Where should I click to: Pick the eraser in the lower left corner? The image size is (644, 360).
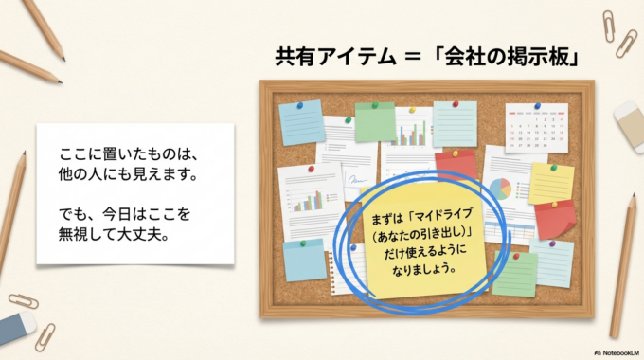click(17, 328)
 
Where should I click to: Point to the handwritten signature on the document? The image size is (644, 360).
click(357, 180)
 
